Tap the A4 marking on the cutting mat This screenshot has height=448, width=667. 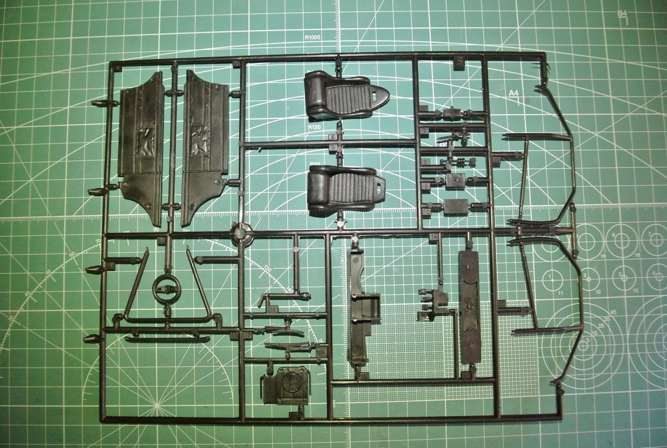click(513, 93)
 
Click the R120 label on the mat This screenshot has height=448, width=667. click(314, 128)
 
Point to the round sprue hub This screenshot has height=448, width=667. click(242, 233)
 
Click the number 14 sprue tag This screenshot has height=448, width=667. click(434, 237)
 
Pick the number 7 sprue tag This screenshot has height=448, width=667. click(423, 131)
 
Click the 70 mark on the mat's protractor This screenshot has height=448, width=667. click(98, 241)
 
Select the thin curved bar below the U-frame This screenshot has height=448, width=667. click(167, 339)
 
